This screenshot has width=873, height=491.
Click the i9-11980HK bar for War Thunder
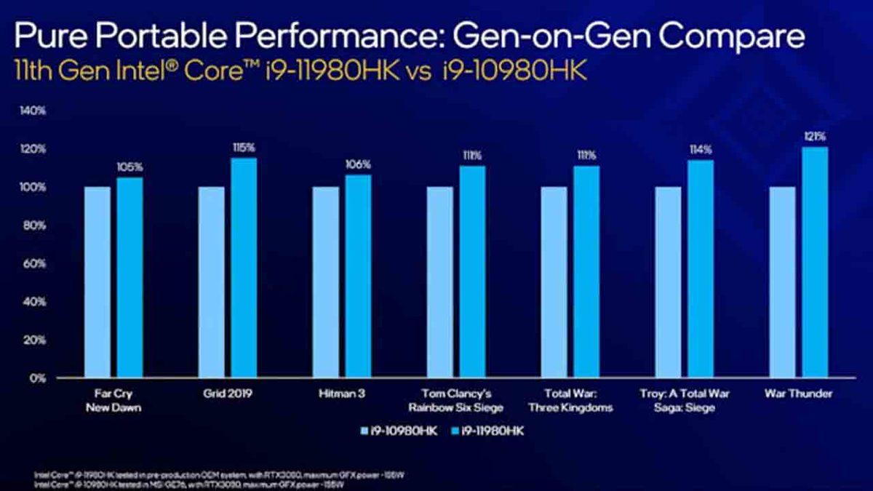coord(815,263)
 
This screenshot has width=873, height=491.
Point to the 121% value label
coord(816,137)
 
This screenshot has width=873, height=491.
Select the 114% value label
coord(701,150)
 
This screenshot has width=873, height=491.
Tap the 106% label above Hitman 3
coord(358,164)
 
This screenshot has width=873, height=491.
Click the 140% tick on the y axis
coord(34,111)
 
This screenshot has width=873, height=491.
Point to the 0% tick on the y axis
coord(38,378)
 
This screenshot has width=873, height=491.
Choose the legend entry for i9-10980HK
coord(399,431)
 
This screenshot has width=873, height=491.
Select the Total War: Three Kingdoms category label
coord(581,400)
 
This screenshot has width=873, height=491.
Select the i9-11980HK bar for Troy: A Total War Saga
coord(701,269)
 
